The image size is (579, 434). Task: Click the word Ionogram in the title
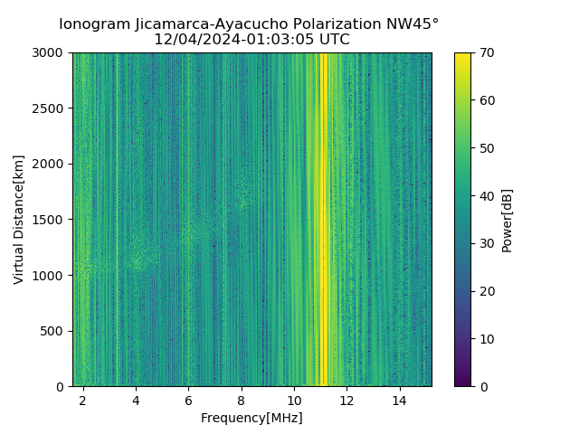pyautogui.click(x=93, y=24)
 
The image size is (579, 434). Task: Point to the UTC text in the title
pyautogui.click(x=331, y=40)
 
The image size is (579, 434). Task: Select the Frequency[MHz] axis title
pyautogui.click(x=252, y=418)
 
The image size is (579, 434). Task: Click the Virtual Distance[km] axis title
pyautogui.click(x=19, y=219)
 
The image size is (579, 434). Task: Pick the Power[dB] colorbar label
pyautogui.click(x=508, y=219)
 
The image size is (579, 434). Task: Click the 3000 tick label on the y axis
pyautogui.click(x=50, y=52)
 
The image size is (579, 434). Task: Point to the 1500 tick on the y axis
pyautogui.click(x=50, y=220)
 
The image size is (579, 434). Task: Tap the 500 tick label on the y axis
pyautogui.click(x=53, y=331)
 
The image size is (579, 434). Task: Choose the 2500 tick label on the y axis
pyautogui.click(x=50, y=108)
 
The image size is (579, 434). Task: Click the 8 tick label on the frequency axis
pyautogui.click(x=242, y=400)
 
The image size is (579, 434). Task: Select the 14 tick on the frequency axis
pyautogui.click(x=400, y=400)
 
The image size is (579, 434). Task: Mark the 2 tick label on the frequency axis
pyautogui.click(x=83, y=400)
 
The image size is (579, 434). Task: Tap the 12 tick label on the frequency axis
pyautogui.click(x=347, y=400)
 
